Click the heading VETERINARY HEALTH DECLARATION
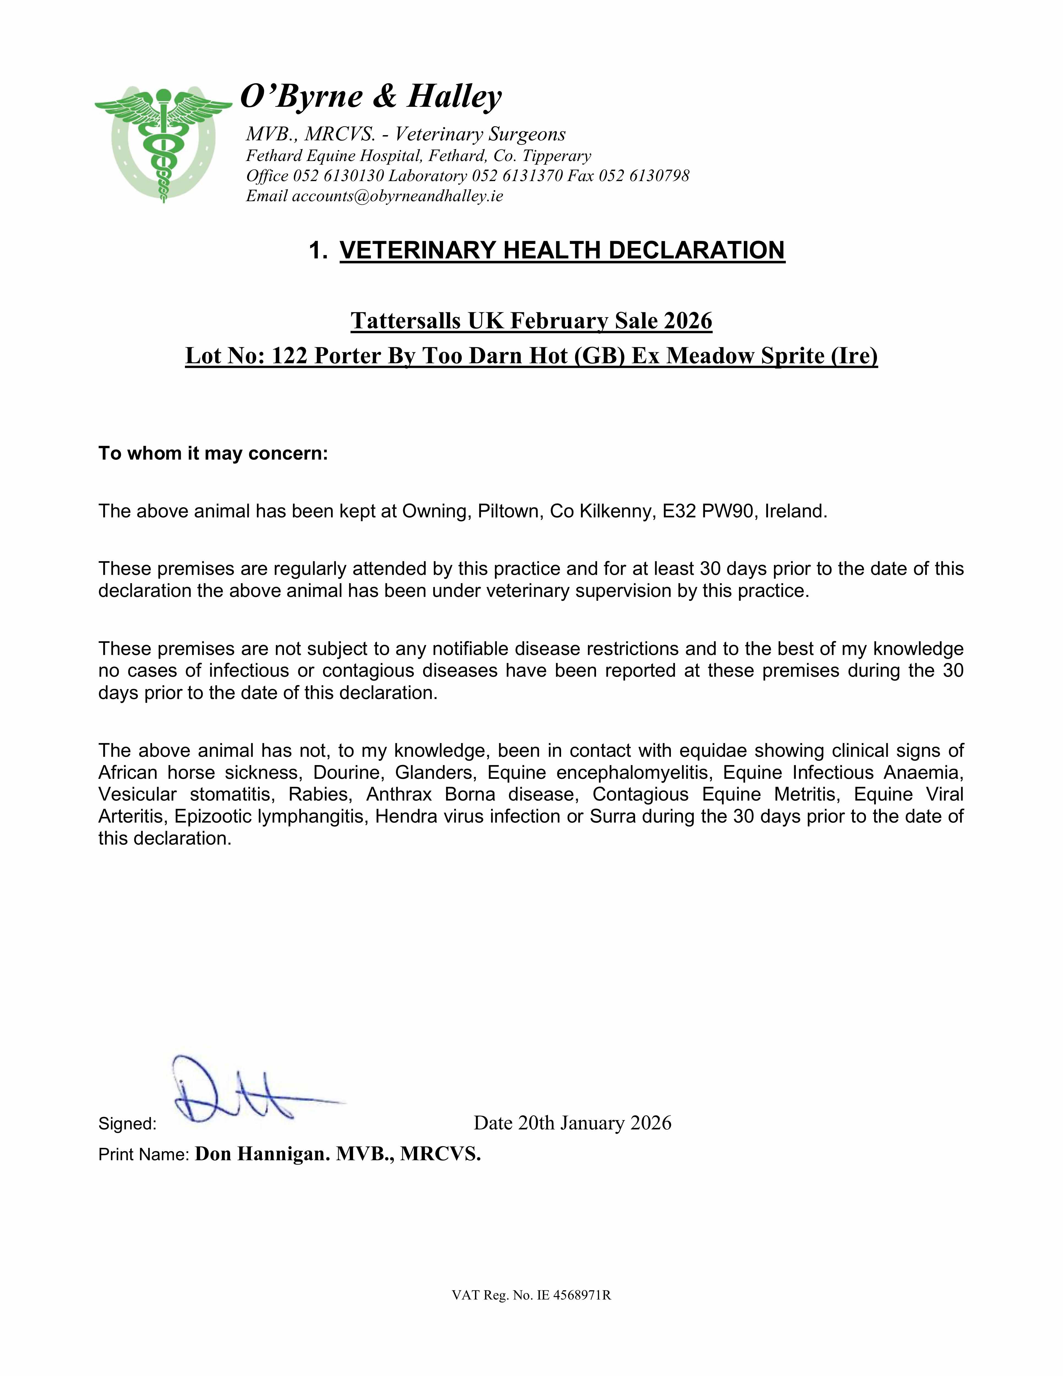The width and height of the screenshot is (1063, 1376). point(562,250)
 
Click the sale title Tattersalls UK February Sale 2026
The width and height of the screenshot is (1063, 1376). point(531,321)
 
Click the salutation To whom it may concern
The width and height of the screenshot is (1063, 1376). point(213,454)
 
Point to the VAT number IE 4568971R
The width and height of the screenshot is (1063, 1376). point(573,1295)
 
